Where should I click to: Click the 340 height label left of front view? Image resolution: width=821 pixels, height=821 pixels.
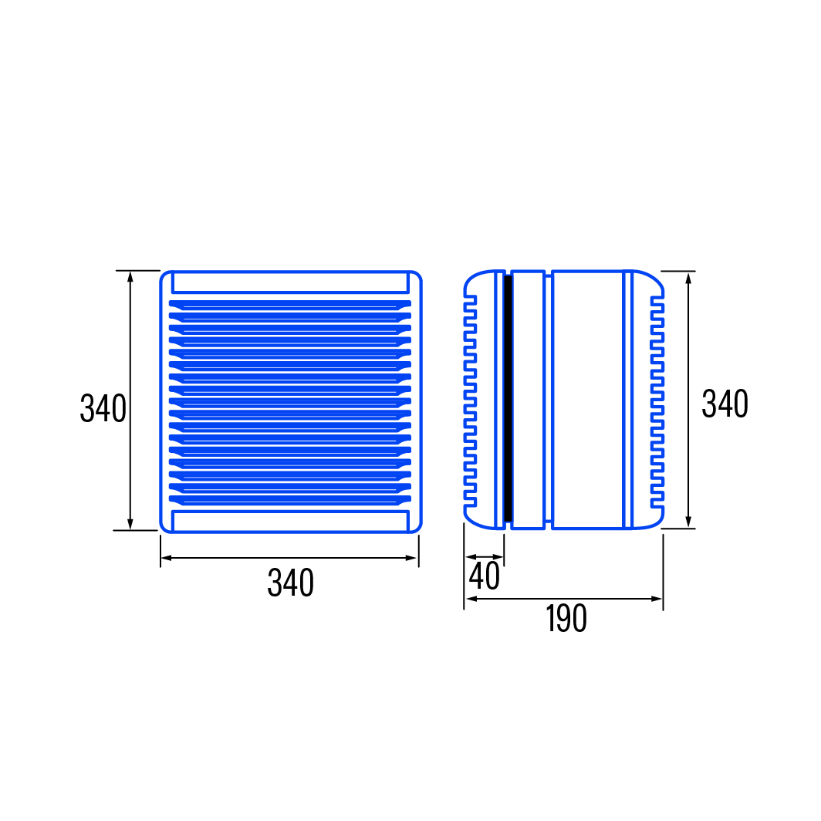point(103,408)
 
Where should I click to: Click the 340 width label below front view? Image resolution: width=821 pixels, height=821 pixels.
point(291,583)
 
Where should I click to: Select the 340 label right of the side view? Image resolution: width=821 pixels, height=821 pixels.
point(725,404)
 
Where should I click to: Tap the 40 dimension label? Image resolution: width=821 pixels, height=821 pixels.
point(485,576)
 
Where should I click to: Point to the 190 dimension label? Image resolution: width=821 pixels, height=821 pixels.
point(566,618)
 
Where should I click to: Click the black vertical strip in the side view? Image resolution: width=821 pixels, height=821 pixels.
point(508,398)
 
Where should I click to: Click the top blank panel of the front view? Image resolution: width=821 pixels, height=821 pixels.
point(290,282)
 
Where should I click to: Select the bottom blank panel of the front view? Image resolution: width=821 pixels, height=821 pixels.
point(290,521)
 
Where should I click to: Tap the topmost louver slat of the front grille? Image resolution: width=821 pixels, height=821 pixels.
point(290,304)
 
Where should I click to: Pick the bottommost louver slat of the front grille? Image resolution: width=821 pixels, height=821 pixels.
point(290,499)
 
